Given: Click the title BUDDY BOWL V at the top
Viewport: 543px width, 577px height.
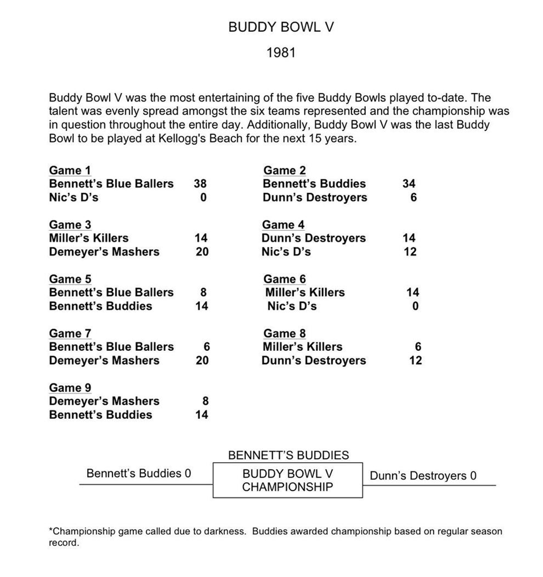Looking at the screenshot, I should pos(280,27).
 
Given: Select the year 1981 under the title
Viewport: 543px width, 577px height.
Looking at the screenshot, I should pos(281,53).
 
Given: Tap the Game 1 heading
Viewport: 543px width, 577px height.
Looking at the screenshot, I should pos(70,170).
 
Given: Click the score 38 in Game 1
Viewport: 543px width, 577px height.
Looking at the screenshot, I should pos(200,184).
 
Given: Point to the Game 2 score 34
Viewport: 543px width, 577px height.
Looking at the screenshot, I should pos(409,184).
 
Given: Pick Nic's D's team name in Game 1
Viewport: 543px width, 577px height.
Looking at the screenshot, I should pos(74,198).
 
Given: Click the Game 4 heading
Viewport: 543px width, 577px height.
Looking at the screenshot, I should pos(283,224).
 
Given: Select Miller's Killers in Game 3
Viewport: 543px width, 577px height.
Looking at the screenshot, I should pos(89,238).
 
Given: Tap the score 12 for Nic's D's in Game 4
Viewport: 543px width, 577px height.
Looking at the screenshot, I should pos(409,252).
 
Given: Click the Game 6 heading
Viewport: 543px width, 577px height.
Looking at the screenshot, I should pos(284,279).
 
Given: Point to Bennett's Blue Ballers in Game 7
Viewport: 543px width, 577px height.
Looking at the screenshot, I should pos(111,347).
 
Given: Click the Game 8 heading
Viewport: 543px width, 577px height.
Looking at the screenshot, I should pos(284,334).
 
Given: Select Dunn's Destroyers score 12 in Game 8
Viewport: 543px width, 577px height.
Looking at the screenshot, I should pos(415,361).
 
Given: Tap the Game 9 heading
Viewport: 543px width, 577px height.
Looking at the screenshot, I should pos(70,388).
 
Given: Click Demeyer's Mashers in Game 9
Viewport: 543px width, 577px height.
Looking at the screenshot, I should pos(104,401).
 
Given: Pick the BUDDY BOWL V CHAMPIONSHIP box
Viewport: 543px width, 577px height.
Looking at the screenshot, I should pos(287,480).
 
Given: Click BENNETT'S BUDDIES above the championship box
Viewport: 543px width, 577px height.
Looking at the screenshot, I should pos(289,455).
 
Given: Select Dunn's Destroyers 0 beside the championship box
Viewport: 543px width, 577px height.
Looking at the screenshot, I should pos(423,476).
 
